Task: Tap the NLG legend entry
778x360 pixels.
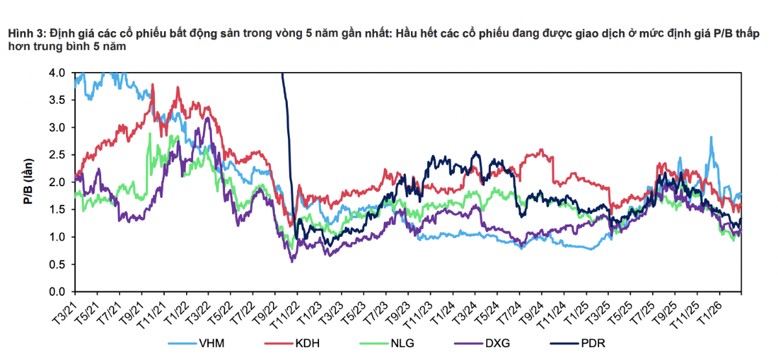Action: point(403,343)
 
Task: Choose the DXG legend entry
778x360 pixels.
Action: point(497,343)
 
